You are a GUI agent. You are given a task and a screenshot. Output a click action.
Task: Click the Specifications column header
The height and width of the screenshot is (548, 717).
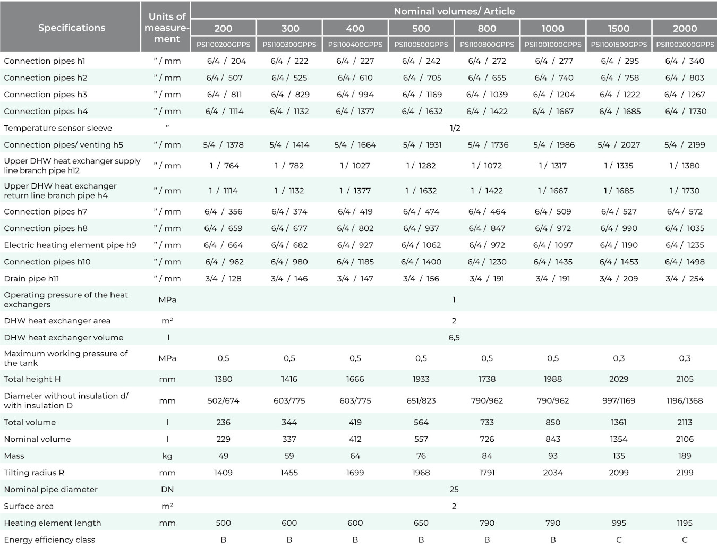[x=72, y=28]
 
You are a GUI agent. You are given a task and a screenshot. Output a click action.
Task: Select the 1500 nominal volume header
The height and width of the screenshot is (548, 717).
[x=619, y=29]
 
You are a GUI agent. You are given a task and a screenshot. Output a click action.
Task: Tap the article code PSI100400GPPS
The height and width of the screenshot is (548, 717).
[x=355, y=45]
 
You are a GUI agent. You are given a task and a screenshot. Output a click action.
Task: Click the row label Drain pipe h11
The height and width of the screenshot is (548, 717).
[x=31, y=279]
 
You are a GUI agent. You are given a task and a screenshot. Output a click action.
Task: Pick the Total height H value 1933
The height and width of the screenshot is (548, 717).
[x=421, y=379]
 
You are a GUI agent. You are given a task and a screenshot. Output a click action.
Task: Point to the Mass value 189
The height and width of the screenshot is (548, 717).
[x=685, y=456]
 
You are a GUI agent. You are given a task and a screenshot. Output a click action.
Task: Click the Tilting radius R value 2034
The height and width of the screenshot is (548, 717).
[x=553, y=473]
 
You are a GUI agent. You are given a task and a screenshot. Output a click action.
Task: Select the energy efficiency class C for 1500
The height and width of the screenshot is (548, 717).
[x=619, y=540]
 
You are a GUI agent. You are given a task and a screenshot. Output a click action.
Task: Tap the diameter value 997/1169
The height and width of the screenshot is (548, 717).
[x=619, y=401]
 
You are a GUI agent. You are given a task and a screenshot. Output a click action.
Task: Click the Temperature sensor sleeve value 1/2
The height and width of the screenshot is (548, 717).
[x=455, y=128]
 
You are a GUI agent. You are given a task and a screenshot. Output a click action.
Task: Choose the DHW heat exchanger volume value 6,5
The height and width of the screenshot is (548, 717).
[x=454, y=338]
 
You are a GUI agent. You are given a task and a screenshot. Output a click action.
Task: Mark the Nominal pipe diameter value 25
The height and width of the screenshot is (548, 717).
[x=454, y=490]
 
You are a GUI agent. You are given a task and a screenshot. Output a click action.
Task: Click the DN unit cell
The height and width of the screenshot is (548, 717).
[x=167, y=490]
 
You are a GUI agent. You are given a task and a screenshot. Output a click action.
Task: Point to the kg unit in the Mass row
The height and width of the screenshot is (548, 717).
[x=167, y=456]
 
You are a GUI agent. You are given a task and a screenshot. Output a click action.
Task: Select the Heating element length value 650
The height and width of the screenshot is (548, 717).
[x=421, y=523]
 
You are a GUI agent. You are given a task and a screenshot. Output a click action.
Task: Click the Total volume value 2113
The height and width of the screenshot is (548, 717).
[x=685, y=422]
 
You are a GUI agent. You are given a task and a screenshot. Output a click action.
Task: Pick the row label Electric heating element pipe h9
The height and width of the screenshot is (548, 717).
[x=70, y=245]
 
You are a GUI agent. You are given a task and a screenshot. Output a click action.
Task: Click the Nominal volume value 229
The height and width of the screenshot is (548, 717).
[x=223, y=439]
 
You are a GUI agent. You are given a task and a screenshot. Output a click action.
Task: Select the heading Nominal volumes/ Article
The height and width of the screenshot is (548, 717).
[x=455, y=12]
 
